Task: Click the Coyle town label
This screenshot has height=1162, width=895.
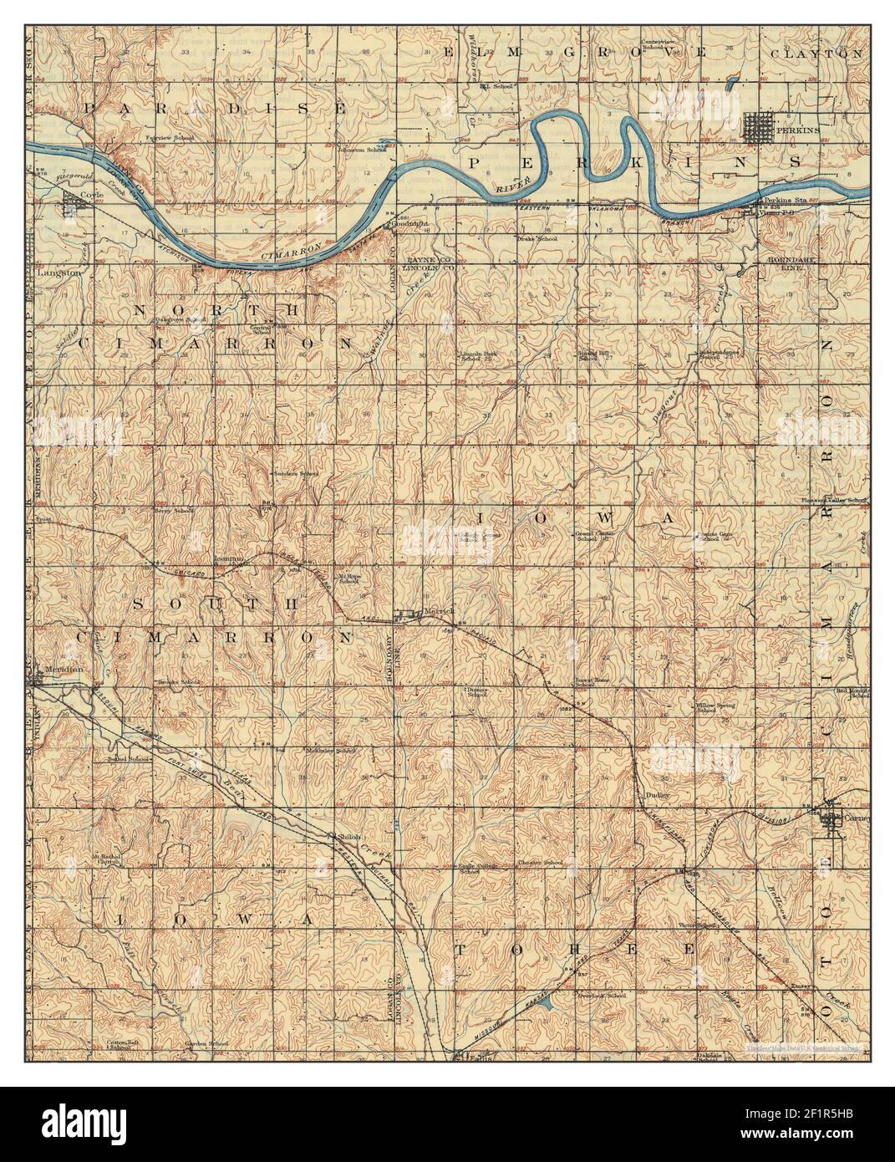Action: point(89,195)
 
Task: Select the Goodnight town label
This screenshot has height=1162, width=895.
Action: point(411,224)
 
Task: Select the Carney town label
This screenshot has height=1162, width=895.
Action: point(857,818)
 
